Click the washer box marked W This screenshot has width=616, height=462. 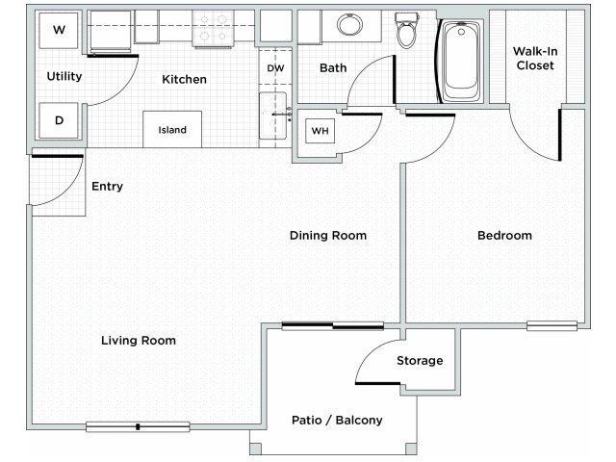59,30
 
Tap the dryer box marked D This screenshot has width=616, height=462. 59,120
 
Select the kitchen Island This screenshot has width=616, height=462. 172,130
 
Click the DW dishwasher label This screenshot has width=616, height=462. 275,68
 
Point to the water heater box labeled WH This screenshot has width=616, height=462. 320,131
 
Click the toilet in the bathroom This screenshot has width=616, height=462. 406,30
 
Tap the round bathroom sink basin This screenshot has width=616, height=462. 349,25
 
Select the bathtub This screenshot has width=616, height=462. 460,61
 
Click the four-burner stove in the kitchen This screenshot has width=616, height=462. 213,28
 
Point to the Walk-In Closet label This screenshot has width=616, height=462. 535,58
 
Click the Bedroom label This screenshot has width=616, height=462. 504,235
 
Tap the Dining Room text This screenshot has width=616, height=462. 328,235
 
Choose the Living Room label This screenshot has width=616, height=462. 139,340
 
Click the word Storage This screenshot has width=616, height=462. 420,361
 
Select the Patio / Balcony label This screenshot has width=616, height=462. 337,420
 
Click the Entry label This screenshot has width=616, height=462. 107,186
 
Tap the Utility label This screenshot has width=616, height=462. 64,76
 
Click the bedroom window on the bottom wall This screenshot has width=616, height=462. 552,325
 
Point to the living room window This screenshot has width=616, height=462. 138,426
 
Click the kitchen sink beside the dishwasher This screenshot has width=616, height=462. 272,115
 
